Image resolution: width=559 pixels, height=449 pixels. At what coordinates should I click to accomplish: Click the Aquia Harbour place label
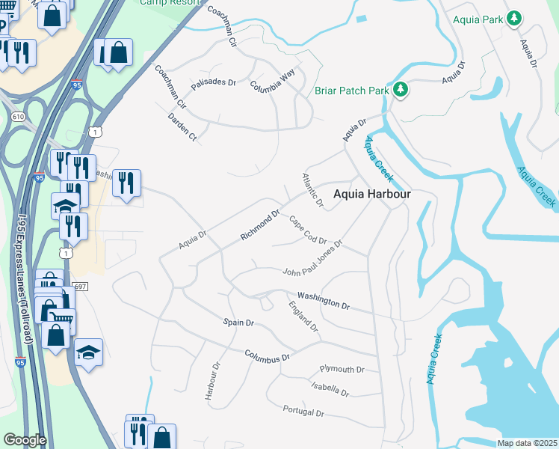(x=372, y=193)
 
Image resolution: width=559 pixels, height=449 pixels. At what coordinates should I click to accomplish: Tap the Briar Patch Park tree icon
(x=401, y=91)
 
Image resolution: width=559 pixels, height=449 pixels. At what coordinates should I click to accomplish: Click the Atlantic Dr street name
(x=312, y=190)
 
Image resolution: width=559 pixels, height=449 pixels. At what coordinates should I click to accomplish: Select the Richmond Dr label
(x=259, y=225)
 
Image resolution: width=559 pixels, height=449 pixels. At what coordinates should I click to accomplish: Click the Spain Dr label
(x=239, y=323)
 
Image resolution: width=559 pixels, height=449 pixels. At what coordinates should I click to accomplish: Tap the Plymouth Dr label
(x=342, y=370)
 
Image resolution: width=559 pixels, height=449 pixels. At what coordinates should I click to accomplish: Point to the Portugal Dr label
(x=303, y=412)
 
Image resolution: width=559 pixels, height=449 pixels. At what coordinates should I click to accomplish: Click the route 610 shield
(x=19, y=117)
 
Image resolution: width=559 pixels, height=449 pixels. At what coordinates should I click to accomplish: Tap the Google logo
(x=25, y=440)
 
